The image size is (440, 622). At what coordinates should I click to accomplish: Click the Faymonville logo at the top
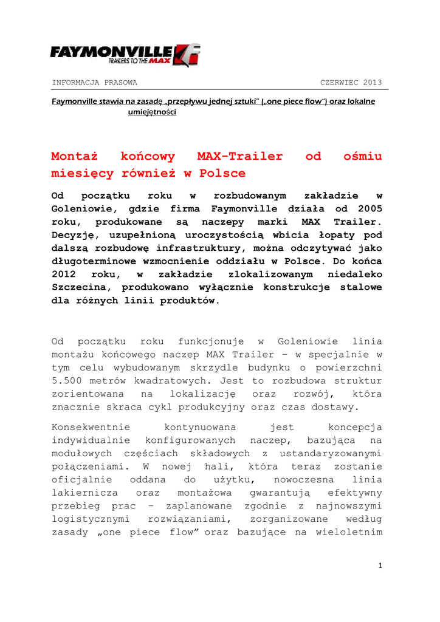click(x=125, y=55)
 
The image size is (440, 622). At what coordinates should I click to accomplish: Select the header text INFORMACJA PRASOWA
click(x=94, y=83)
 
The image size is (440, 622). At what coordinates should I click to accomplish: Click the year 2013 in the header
click(x=372, y=83)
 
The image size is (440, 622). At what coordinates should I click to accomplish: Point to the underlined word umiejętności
click(x=152, y=113)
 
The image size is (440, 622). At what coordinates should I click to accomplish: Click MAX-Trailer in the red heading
click(x=241, y=156)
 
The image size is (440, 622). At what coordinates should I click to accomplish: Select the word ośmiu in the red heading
click(x=362, y=156)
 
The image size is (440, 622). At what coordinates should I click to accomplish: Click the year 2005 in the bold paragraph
click(x=369, y=208)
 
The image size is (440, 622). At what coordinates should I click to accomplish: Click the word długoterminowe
click(x=92, y=261)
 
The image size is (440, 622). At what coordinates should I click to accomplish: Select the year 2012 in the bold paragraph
click(x=64, y=274)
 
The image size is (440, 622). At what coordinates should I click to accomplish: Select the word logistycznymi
click(x=89, y=519)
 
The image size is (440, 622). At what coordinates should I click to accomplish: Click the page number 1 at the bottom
click(x=380, y=566)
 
